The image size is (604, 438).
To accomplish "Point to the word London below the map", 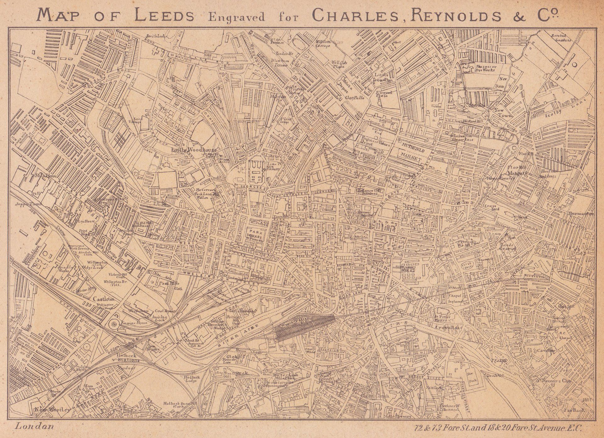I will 34,426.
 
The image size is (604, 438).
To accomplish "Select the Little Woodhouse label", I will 194,150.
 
